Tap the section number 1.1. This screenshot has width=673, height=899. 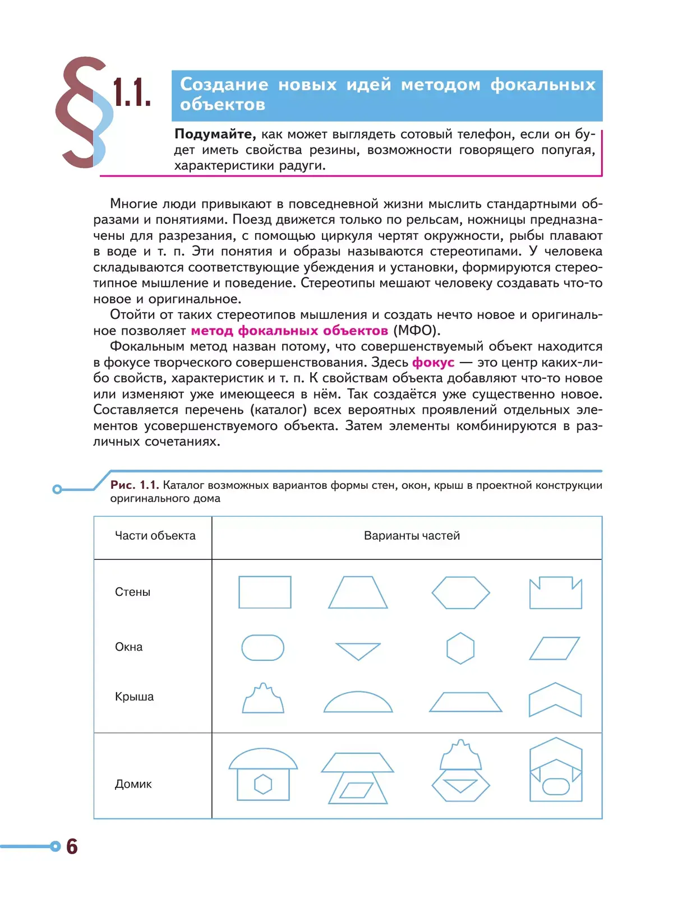[132, 92]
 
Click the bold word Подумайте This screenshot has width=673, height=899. [214, 134]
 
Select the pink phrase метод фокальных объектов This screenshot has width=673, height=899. [289, 331]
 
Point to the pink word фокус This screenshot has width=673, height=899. [433, 363]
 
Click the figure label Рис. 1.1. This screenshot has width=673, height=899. [135, 485]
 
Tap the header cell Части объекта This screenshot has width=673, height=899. [155, 536]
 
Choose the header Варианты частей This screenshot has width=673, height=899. [412, 536]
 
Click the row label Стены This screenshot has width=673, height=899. [132, 592]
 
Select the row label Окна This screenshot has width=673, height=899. [128, 647]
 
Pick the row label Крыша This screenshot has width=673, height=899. [134, 697]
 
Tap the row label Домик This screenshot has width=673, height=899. [133, 784]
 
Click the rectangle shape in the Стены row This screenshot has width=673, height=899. [265, 592]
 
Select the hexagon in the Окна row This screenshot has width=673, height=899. [460, 648]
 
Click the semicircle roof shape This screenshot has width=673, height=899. [358, 702]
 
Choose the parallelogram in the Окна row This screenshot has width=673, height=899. [554, 648]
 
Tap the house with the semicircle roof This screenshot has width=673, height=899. [263, 774]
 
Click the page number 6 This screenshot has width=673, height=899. [72, 846]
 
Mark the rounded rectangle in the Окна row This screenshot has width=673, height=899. [262, 648]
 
